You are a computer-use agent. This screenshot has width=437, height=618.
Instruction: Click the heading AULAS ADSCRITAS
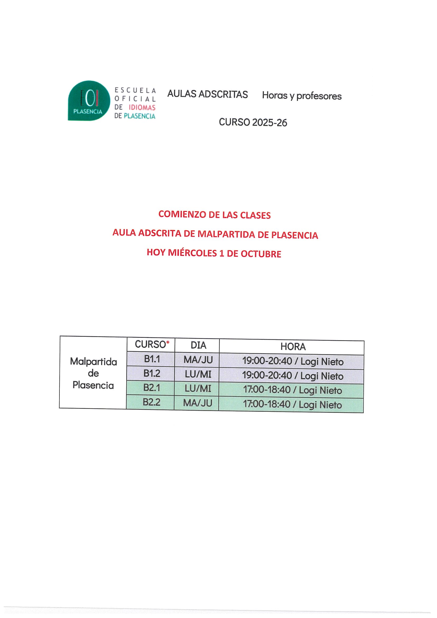[x=207, y=94]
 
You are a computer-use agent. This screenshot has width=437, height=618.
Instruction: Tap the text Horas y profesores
[x=301, y=96]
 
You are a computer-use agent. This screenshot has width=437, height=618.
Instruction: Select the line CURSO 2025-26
[x=253, y=123]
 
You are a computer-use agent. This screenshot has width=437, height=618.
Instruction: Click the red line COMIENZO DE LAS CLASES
[x=214, y=215]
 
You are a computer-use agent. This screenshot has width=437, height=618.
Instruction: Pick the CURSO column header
[x=150, y=344]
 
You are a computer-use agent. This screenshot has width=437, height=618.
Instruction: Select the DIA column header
[x=198, y=345]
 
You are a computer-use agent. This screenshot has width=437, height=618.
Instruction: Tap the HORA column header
[x=293, y=347]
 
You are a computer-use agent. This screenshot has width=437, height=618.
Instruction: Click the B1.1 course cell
[x=152, y=359]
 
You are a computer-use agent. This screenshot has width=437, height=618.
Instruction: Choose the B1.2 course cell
[x=152, y=373]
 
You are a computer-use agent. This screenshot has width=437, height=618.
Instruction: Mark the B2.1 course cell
[x=152, y=388]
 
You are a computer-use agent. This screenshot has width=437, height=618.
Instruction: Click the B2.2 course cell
[x=151, y=402]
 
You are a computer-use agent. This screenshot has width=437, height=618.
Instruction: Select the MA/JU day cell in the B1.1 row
[x=198, y=360]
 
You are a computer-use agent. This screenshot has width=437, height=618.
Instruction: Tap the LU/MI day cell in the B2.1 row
[x=198, y=388]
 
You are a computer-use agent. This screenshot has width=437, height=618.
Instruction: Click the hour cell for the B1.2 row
[x=293, y=376]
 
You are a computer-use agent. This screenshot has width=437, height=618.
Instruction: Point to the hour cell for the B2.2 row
[x=292, y=405]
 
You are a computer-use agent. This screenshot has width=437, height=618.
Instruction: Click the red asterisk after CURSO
[x=168, y=342]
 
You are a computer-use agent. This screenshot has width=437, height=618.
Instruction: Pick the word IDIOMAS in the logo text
[x=142, y=108]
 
